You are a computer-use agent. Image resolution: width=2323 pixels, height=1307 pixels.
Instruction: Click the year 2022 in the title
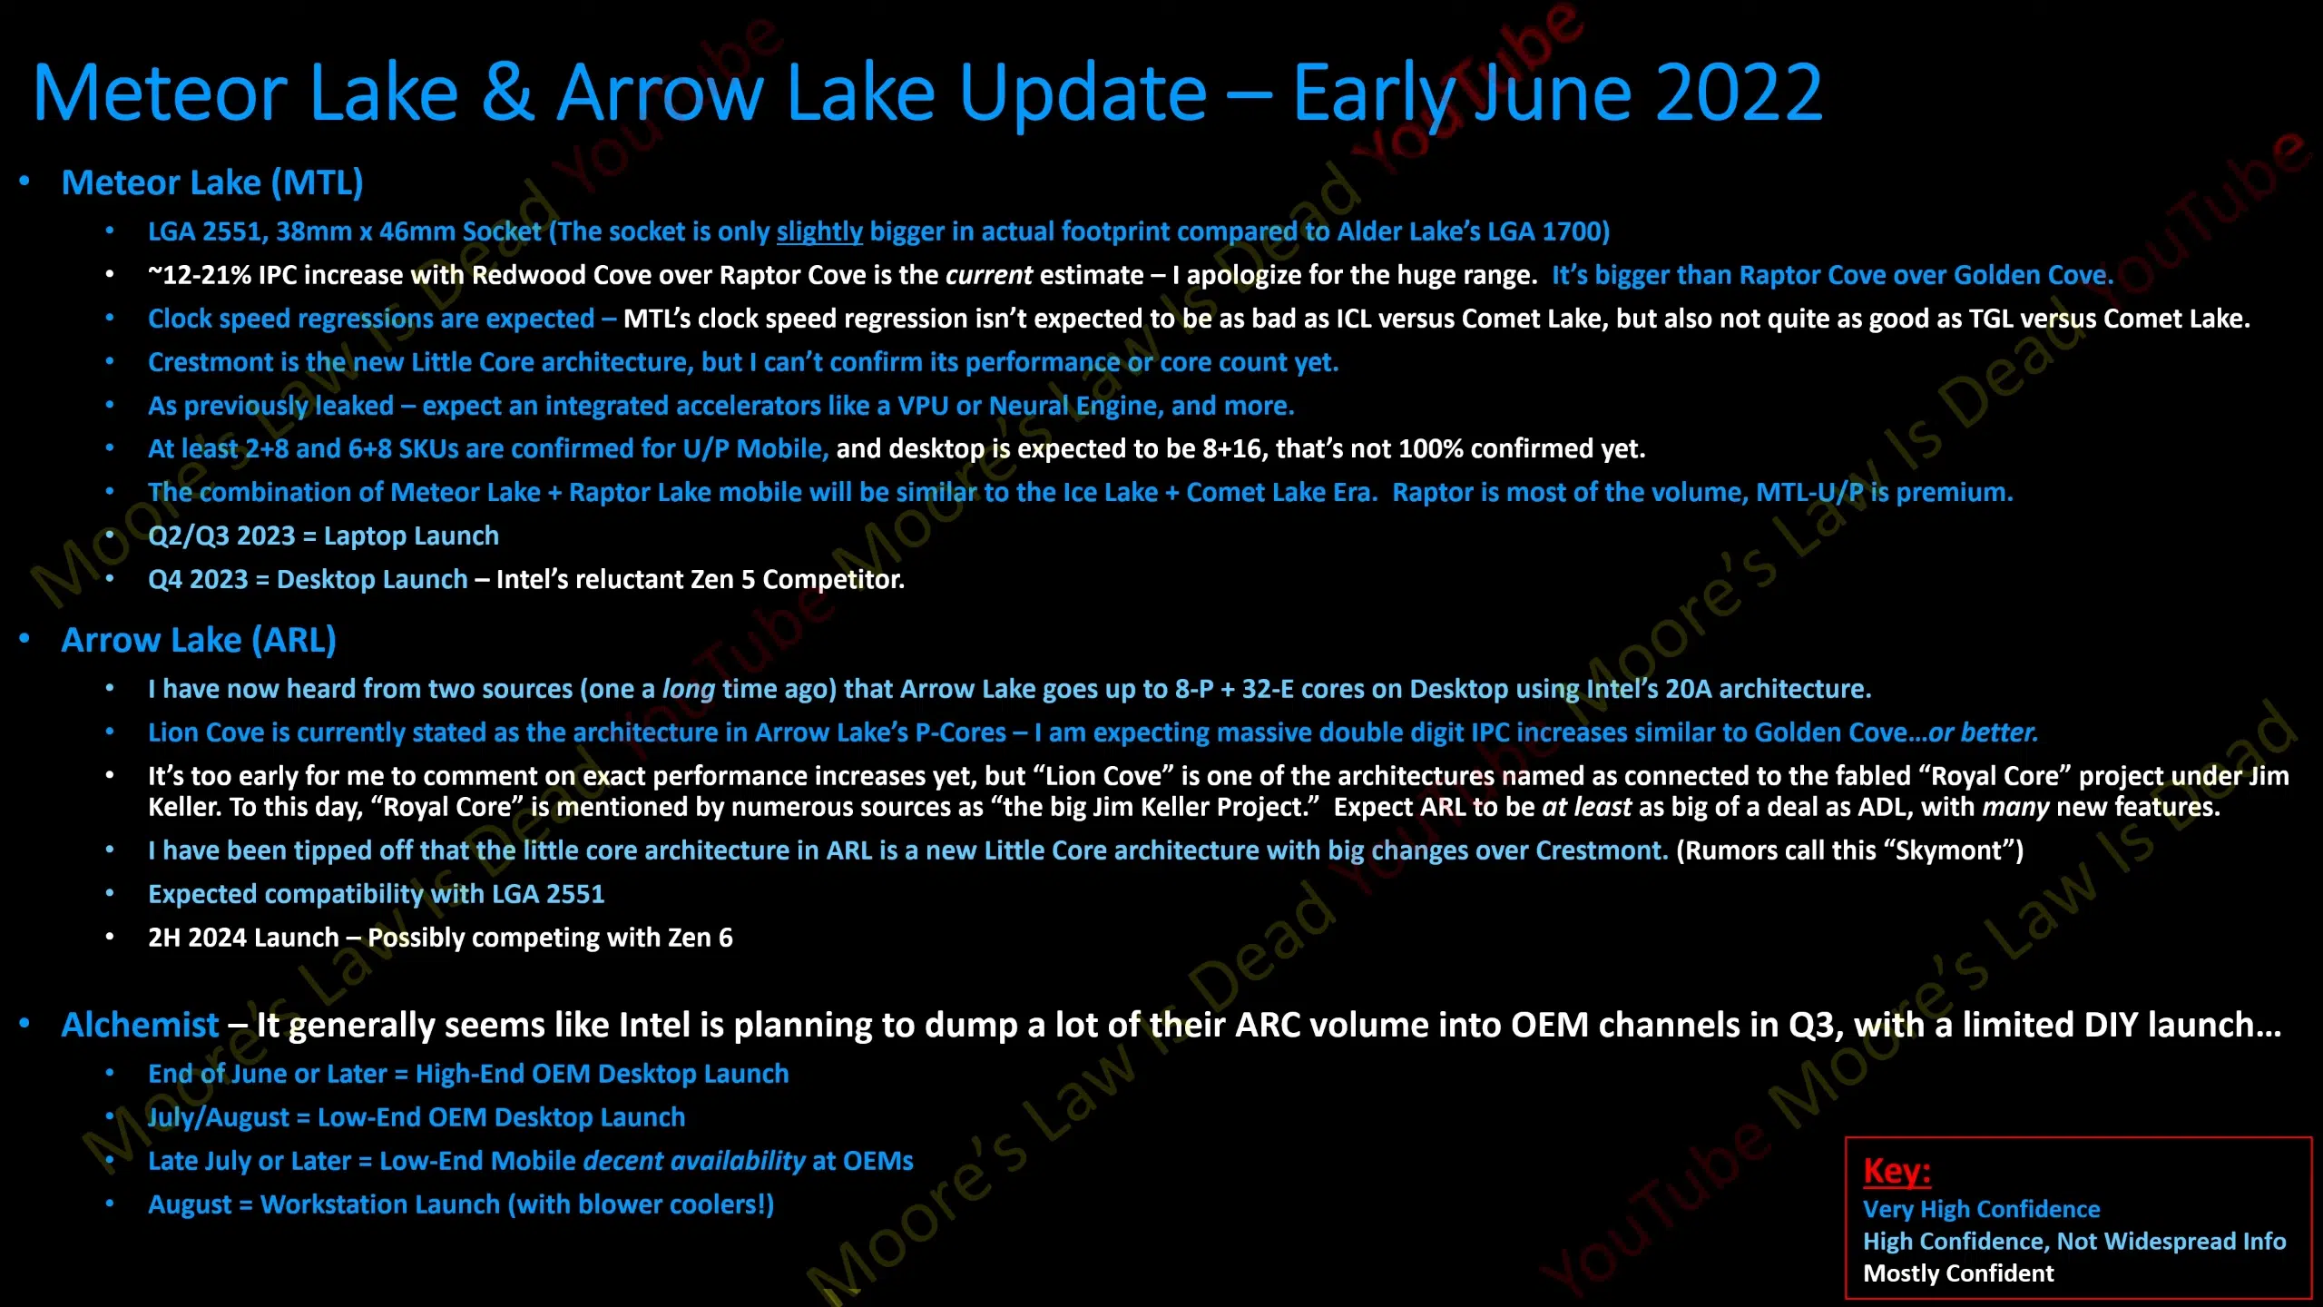click(x=1739, y=93)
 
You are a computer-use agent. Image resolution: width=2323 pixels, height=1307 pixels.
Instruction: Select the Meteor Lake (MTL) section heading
click(x=212, y=182)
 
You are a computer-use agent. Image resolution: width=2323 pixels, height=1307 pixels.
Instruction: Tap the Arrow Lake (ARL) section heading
click(x=199, y=640)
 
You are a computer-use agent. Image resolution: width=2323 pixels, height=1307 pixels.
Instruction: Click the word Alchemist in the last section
click(x=140, y=1025)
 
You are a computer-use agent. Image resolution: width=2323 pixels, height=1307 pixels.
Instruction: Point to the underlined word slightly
click(x=819, y=232)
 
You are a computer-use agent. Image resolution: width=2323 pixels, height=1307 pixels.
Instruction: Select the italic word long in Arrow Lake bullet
click(x=689, y=690)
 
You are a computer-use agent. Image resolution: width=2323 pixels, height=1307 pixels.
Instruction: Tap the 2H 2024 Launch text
click(x=243, y=938)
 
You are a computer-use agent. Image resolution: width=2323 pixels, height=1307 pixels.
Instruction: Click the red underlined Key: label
click(x=1897, y=1171)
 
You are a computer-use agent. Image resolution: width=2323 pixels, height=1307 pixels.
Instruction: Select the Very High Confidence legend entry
click(x=1982, y=1210)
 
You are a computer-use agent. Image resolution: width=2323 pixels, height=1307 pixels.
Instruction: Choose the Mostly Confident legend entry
click(x=1958, y=1274)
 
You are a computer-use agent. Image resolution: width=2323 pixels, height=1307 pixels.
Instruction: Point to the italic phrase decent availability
click(x=694, y=1162)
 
